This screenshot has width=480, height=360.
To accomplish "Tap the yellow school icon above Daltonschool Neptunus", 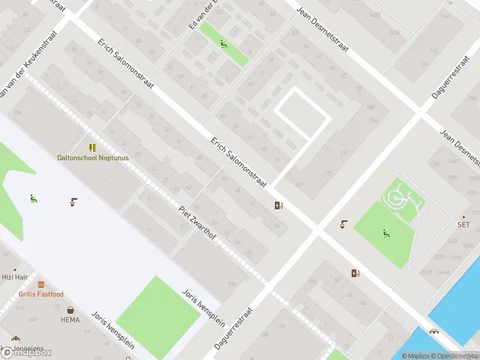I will (x=92, y=148).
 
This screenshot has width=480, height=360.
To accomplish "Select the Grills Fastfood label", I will (x=41, y=294).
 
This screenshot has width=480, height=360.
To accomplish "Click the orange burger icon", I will (x=41, y=284).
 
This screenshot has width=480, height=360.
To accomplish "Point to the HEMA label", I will (x=70, y=320).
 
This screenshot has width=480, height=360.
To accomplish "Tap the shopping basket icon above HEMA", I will (x=71, y=310).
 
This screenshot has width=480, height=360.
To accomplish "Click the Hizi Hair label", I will (x=14, y=277).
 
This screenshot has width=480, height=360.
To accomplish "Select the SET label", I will (x=463, y=225).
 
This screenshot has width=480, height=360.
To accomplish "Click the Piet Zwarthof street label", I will (x=197, y=223).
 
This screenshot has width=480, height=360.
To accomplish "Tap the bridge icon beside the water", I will (x=433, y=332).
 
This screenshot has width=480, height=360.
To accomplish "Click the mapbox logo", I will (x=26, y=352).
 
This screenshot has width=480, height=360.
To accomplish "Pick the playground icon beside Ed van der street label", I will (x=223, y=43).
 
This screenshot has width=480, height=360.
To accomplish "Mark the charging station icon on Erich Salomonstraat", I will (x=278, y=206).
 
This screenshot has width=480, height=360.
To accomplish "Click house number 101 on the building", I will (x=300, y=184).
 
